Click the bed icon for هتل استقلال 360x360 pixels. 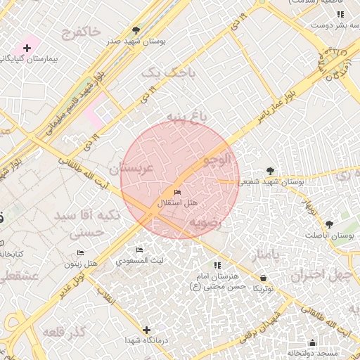(176, 192)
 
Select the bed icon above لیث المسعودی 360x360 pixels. (139, 250)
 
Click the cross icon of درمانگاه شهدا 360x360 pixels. (146, 330)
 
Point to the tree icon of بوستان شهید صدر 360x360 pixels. (136, 30)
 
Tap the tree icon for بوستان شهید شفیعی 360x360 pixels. (271, 170)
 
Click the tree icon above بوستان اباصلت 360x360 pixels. (329, 224)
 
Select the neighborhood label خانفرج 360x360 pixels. (82, 32)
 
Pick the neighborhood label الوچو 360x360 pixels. (217, 160)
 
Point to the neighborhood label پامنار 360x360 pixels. (270, 254)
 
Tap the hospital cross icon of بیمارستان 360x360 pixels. (27, 48)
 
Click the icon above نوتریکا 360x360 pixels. (263, 278)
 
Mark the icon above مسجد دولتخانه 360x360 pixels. (312, 342)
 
